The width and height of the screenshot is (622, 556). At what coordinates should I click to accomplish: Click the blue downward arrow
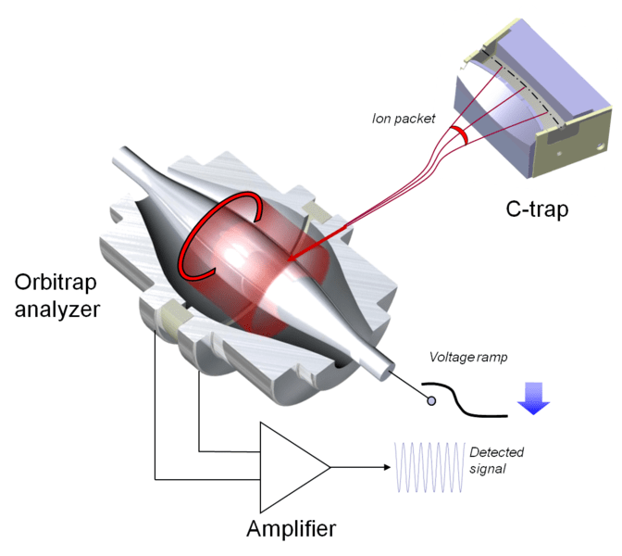coord(533,397)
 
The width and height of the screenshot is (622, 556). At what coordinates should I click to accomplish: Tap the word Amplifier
coord(291,529)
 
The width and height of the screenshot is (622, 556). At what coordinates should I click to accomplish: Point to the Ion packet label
coord(403,119)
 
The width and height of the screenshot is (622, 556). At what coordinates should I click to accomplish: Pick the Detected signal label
coord(497,461)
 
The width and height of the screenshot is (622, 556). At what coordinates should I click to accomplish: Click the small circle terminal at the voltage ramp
coord(430,400)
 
